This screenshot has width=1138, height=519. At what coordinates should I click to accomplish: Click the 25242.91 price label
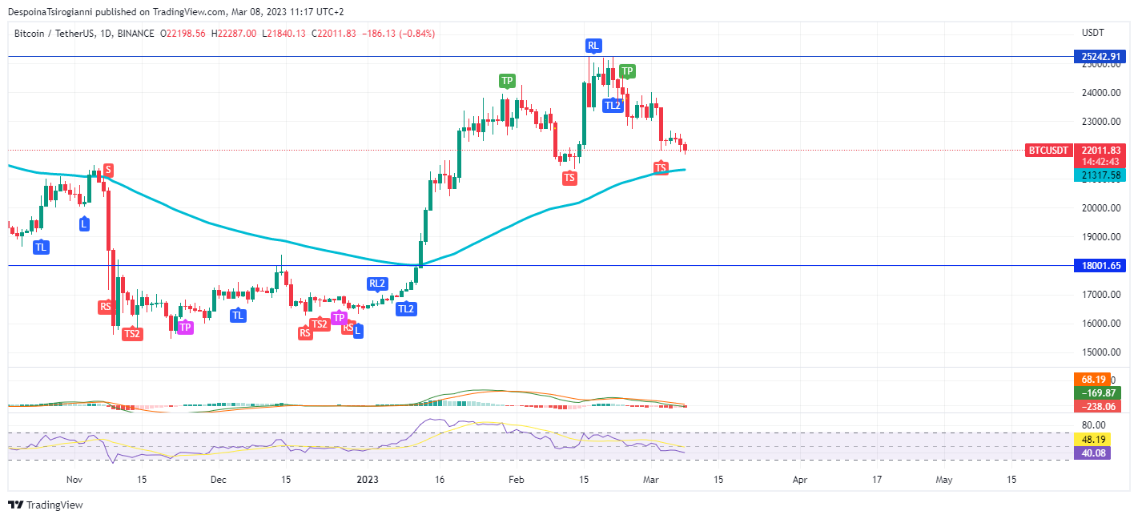(x=1099, y=57)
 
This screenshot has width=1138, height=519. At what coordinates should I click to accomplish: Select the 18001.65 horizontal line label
(x=1099, y=266)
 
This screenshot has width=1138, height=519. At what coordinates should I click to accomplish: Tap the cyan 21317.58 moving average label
(x=1099, y=175)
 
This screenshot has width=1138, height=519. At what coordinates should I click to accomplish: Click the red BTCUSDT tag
(x=1048, y=151)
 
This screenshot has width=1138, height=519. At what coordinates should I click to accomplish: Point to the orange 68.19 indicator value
(x=1093, y=379)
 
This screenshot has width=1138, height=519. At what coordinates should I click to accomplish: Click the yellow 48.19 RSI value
(x=1093, y=440)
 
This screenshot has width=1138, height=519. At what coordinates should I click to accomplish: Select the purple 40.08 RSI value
(x=1093, y=453)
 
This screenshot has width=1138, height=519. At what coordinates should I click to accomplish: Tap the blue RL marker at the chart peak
(x=593, y=46)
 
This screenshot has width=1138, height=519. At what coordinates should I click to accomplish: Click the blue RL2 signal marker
(x=377, y=284)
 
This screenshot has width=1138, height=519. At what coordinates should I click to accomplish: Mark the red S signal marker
(x=107, y=170)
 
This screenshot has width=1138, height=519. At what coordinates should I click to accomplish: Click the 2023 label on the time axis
(x=367, y=480)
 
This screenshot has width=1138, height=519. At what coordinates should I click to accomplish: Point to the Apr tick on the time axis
(x=799, y=480)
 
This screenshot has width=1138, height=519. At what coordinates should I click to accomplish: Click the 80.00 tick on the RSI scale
(x=1093, y=425)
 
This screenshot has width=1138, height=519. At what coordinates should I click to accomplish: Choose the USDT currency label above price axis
(x=1092, y=33)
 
